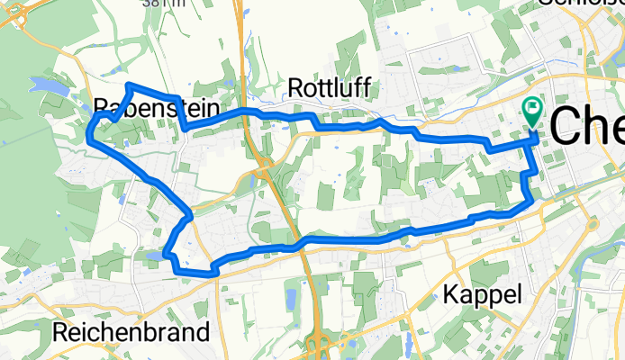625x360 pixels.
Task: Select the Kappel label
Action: click(483, 294)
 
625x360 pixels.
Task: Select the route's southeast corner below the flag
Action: click(526, 205)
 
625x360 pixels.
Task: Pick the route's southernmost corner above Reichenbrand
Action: click(213, 268)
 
